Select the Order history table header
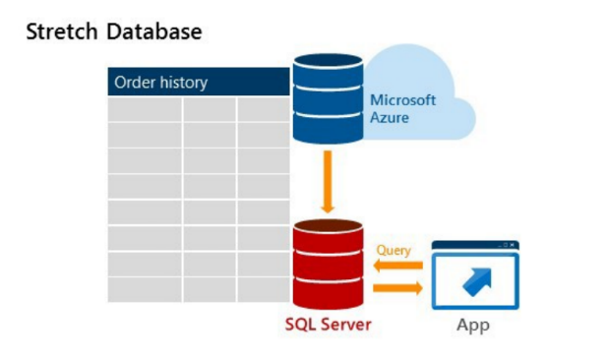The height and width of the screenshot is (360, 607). [x=198, y=83]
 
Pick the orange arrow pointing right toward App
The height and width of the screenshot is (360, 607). [x=397, y=287]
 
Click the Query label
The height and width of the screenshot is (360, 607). [x=394, y=250]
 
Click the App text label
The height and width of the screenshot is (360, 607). [x=473, y=325]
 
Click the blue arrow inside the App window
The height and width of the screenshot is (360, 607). [x=475, y=280]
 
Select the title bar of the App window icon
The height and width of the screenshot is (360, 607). [x=474, y=245]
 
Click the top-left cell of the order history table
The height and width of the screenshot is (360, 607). [x=145, y=109]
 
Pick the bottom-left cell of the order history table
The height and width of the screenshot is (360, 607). [x=145, y=289]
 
